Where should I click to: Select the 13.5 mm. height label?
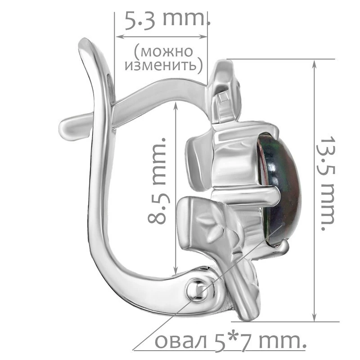click(328, 184)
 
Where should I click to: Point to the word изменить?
click(161, 65)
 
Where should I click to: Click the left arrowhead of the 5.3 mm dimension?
click(120, 36)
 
